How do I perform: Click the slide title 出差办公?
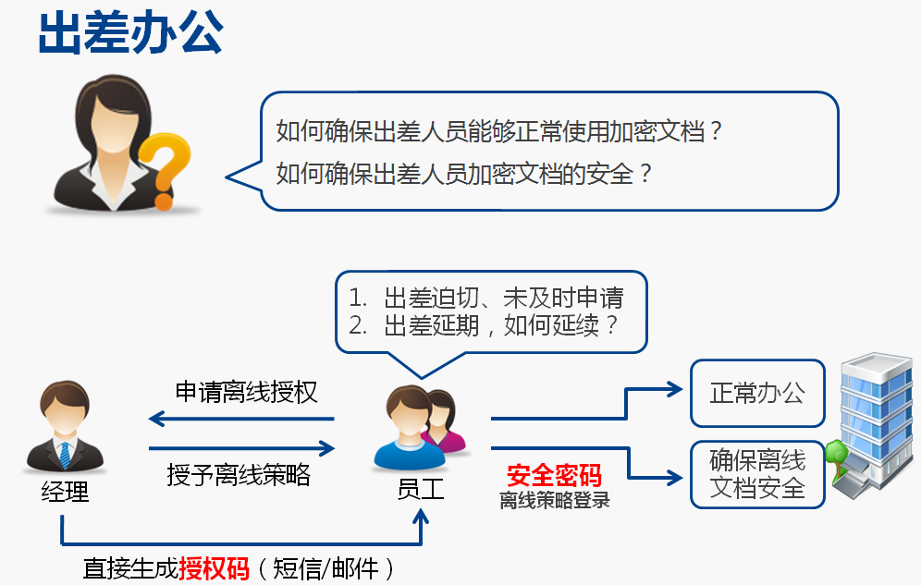pos(130,33)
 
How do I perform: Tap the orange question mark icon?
pos(165,170)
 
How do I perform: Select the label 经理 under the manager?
pos(65,492)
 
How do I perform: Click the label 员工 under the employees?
pos(421,489)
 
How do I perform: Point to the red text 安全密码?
pos(554,475)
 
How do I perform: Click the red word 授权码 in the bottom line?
pos(215,568)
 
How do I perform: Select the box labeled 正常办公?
pos(757,393)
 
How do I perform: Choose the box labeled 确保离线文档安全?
pos(757,474)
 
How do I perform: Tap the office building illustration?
pos(875,422)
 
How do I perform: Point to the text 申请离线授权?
pos(246,392)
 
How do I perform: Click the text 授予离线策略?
pos(239,474)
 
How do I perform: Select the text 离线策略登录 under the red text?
pos(555,500)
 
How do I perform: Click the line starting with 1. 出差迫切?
pos(485,298)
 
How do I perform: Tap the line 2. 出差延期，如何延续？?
pos(483,325)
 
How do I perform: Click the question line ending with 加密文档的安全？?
pos(464,174)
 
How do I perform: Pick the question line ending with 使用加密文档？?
pos(498,131)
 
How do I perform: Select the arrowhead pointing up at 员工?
pos(421,517)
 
